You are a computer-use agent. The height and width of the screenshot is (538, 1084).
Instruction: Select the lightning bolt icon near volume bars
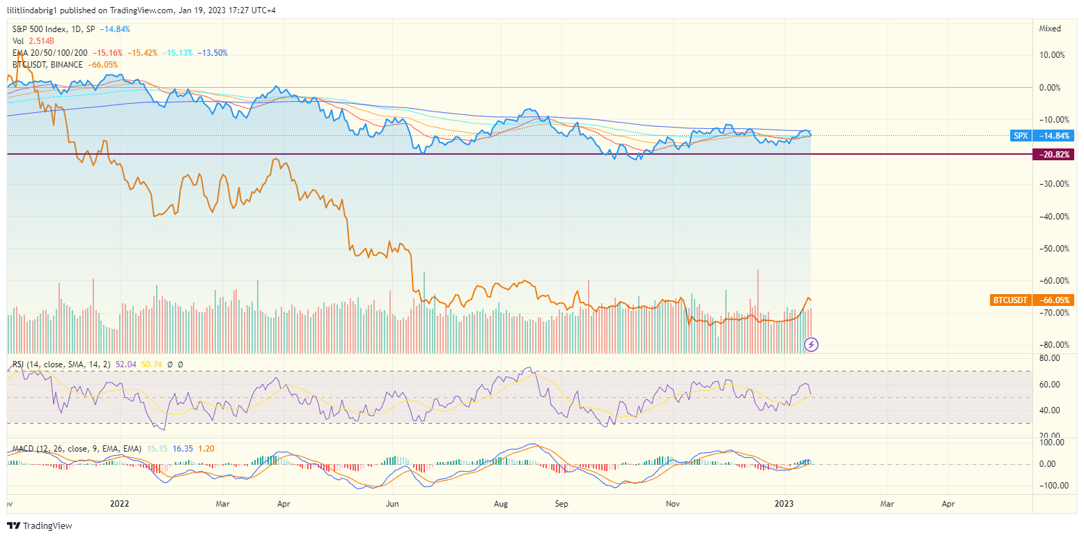click(x=811, y=344)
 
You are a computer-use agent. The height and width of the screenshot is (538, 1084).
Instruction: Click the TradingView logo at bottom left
click(x=40, y=525)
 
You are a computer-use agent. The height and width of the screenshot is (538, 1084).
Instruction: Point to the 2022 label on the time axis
click(x=120, y=502)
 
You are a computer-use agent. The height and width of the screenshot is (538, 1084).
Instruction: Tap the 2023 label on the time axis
click(x=784, y=502)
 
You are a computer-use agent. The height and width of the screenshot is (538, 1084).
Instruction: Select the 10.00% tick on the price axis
click(x=1051, y=55)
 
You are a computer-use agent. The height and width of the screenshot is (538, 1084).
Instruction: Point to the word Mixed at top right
click(x=1050, y=29)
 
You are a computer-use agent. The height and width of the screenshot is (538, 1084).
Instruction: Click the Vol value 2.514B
click(x=42, y=41)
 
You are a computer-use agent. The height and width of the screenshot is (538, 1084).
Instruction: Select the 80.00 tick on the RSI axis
click(x=1050, y=358)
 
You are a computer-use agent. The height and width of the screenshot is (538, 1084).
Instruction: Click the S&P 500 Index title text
click(x=40, y=29)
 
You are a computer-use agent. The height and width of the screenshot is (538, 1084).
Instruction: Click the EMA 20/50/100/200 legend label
click(x=50, y=53)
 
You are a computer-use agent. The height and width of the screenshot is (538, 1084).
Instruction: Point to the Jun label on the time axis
click(x=392, y=502)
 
